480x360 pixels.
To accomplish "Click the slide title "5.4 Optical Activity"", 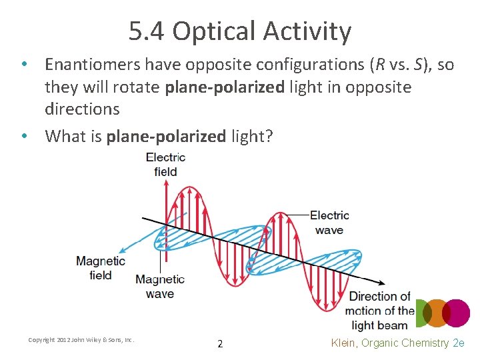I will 240,31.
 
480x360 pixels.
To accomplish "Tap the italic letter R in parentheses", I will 377,65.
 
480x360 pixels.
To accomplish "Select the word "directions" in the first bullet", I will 82,109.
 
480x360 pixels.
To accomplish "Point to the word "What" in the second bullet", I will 65,137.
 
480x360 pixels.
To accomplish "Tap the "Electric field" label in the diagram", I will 165,165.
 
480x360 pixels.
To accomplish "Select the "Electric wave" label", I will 329,223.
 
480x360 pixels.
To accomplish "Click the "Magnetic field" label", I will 100,268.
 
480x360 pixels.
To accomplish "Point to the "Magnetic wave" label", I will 159,287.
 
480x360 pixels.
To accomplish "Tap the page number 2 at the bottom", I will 220,344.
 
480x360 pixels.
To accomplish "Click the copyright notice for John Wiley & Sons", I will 81,340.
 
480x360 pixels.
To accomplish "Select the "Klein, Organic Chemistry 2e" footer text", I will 397,343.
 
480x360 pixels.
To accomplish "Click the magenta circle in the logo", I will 457,313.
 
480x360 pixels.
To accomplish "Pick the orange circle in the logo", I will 436,313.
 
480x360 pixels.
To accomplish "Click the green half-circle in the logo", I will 419,313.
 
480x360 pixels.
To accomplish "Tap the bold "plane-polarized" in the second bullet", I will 166,137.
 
